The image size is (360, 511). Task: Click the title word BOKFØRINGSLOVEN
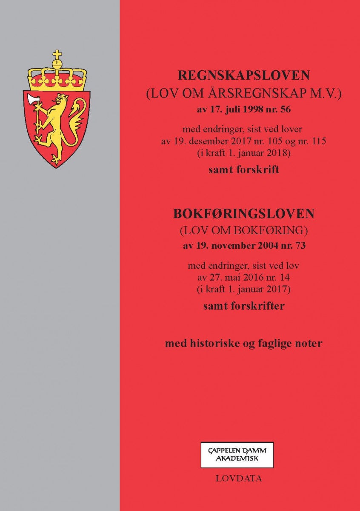243,214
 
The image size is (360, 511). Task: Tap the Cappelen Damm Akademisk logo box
237,455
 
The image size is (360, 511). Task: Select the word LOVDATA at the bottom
239,479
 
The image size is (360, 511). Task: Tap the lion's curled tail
77,115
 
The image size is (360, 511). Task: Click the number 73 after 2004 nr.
300,245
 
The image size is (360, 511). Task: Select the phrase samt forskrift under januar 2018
243,170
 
